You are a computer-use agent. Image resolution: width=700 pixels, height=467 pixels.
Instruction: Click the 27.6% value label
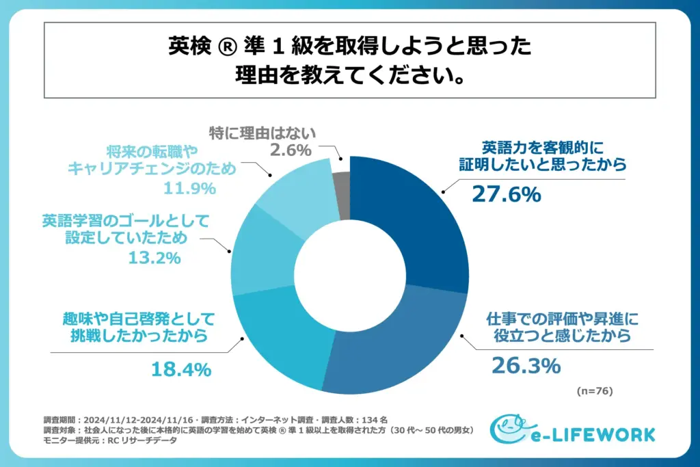506,195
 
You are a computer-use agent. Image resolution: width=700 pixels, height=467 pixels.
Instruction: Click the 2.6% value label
291,149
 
